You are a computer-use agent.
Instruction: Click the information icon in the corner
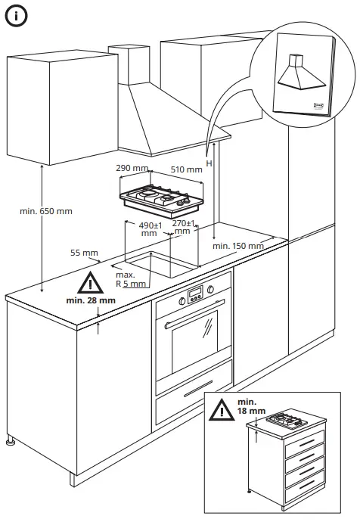(17, 17)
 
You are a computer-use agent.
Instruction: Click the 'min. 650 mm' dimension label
(46, 210)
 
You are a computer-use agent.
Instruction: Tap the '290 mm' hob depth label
(132, 167)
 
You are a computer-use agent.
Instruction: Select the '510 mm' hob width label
(187, 170)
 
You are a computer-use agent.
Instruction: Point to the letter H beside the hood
(209, 163)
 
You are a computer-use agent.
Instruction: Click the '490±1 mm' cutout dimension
(151, 229)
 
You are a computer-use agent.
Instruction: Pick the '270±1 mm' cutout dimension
(185, 228)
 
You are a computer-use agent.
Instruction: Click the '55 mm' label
(85, 253)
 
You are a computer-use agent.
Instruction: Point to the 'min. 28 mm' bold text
(91, 300)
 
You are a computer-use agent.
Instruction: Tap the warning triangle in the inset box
(222, 410)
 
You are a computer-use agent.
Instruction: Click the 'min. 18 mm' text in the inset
(250, 405)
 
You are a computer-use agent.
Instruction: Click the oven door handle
(193, 317)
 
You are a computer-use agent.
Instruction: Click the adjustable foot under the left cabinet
(11, 440)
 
